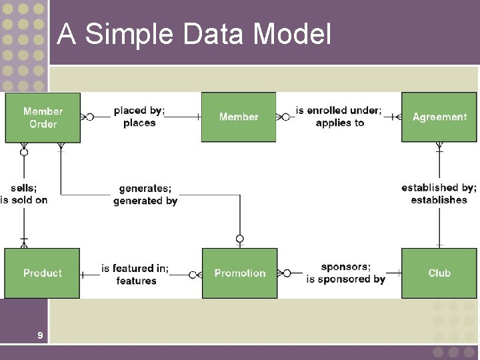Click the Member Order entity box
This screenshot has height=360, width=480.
tap(43, 117)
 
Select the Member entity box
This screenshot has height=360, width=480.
tap(239, 117)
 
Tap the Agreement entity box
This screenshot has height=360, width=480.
tap(439, 117)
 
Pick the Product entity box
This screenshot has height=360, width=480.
tap(42, 273)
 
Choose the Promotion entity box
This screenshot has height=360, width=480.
tap(239, 273)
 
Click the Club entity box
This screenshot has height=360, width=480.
tap(439, 273)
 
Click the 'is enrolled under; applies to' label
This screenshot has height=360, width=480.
tap(339, 117)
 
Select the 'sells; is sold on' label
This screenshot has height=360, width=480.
tap(24, 194)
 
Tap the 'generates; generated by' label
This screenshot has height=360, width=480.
tap(145, 195)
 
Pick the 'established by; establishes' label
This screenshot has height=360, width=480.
tap(439, 194)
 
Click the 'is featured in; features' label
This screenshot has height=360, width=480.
tap(135, 274)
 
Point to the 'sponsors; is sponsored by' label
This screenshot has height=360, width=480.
tap(345, 273)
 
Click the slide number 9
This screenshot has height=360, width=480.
tap(40, 335)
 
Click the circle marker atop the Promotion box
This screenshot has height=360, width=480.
tap(240, 239)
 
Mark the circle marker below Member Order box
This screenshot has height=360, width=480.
tap(24, 152)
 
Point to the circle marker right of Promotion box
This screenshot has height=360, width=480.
tap(287, 273)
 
